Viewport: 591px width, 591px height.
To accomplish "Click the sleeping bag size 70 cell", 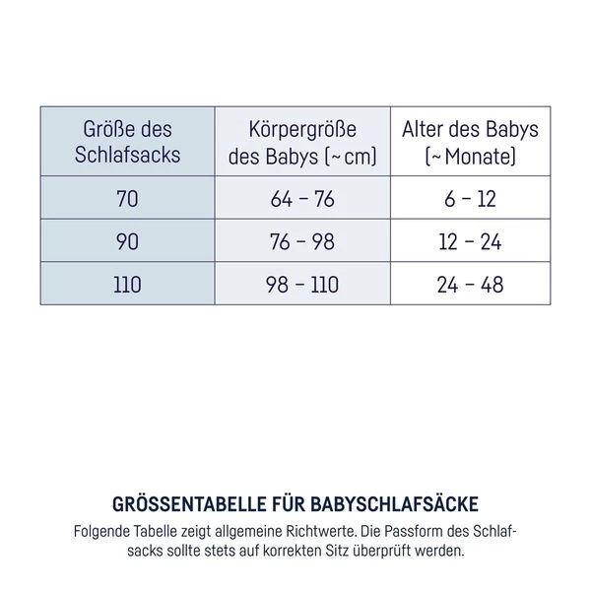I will click(127, 199).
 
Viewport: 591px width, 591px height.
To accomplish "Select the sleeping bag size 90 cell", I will click(127, 242).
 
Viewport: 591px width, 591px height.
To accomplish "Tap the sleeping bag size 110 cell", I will click(127, 286).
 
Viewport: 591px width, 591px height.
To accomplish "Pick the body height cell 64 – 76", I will click(302, 199).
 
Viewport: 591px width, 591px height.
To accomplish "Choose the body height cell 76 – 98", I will click(302, 242).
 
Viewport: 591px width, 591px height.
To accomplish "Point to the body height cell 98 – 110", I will click(302, 286).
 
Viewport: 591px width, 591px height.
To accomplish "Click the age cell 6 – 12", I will click(470, 199).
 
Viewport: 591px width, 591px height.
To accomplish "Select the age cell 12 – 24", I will click(470, 242).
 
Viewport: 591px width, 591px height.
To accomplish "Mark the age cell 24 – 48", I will click(470, 286).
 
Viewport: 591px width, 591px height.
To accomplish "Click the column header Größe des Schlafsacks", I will click(127, 143).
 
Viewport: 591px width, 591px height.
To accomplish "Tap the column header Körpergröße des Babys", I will click(302, 143).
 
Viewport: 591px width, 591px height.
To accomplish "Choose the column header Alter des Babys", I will click(470, 143).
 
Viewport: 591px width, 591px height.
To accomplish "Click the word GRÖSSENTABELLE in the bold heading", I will click(191, 504).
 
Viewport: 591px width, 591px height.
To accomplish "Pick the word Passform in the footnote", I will click(404, 531).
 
